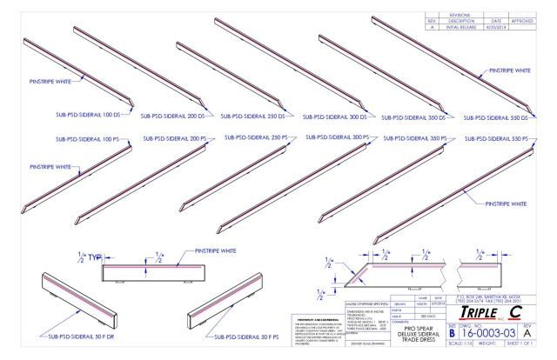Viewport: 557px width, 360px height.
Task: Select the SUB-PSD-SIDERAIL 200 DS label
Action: [x=179, y=114]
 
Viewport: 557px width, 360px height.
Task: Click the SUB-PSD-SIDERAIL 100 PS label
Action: [x=84, y=138]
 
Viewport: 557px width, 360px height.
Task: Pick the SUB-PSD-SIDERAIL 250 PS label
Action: [x=252, y=137]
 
